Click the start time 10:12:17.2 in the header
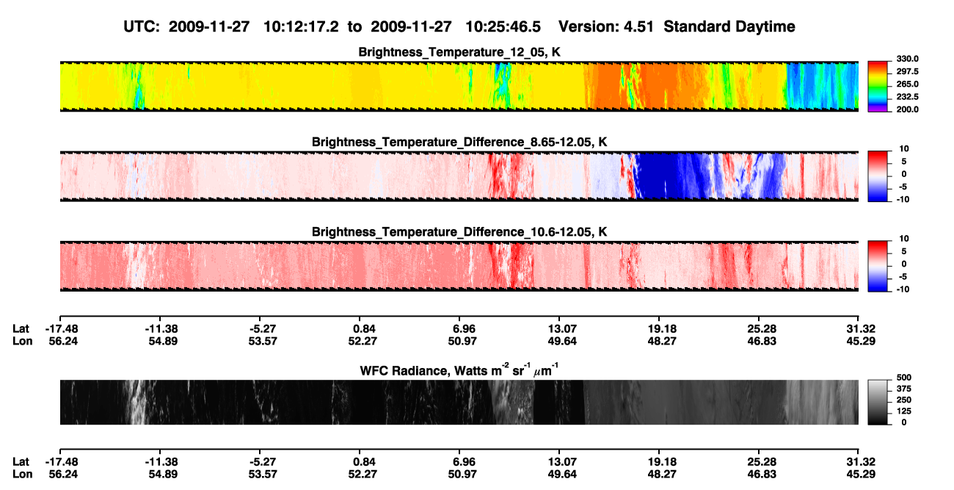point(301,27)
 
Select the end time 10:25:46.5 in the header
point(503,27)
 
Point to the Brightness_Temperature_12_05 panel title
point(459,52)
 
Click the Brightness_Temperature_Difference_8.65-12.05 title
point(459,142)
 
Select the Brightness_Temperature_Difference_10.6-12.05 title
point(459,232)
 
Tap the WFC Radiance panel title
point(459,370)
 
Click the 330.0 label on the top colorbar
point(907,59)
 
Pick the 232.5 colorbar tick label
point(907,97)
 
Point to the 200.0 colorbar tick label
point(907,109)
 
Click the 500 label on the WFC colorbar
point(904,378)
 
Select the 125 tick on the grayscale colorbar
point(904,411)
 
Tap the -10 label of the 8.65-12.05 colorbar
point(903,200)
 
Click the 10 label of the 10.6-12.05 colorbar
point(904,239)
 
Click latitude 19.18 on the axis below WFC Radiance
point(662,462)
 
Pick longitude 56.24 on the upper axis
point(63,341)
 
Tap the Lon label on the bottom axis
point(22,475)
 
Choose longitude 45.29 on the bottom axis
point(861,475)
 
